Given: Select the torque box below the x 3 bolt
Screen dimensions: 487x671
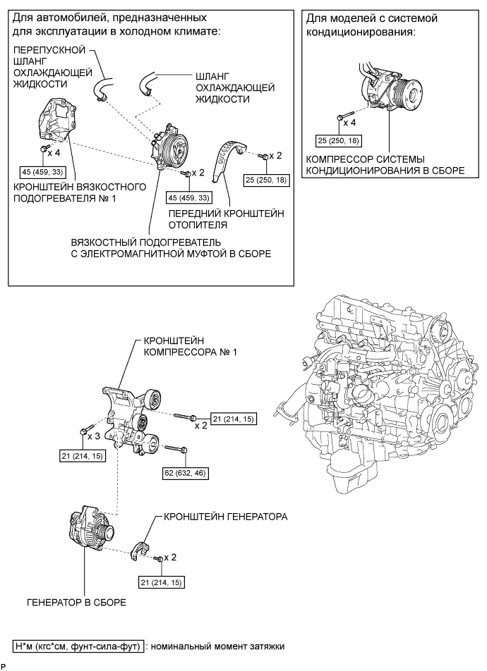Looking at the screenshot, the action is [83, 456].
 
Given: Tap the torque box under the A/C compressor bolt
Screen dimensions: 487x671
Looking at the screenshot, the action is [338, 140].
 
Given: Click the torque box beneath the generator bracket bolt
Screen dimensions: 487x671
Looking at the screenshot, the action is [162, 582].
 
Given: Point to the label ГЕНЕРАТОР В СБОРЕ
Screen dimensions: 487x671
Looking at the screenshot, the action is [76, 602].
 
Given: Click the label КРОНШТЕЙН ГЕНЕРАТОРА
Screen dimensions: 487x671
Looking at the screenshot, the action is [225, 517].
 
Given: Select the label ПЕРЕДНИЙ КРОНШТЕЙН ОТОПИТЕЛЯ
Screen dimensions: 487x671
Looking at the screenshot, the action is [226, 218].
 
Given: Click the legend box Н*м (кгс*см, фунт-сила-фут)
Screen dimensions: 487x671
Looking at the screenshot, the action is [78, 646].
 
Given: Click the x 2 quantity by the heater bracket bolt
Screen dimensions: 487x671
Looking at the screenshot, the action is [276, 155].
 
